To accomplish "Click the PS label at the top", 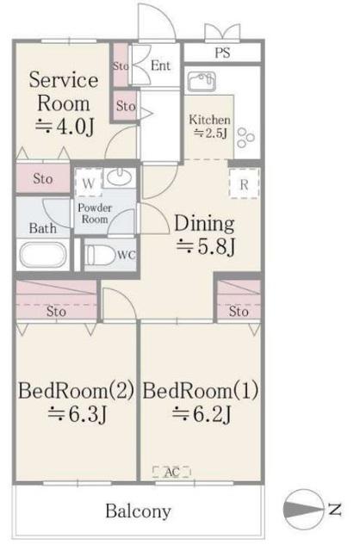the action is (x=222, y=53).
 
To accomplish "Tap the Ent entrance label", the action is (x=161, y=65).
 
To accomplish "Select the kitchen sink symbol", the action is (x=201, y=82).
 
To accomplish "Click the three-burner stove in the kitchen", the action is (x=245, y=138).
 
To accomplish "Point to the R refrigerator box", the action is (x=244, y=183).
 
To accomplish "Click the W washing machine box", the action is (x=88, y=183).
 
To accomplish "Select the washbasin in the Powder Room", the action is (x=119, y=177).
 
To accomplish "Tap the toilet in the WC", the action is (x=101, y=255).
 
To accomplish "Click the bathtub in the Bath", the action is (x=43, y=255).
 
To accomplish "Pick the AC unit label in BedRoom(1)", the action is (x=171, y=472).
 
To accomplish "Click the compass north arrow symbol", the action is (x=303, y=509).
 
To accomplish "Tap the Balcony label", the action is (x=138, y=511).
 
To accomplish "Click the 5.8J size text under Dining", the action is (x=205, y=246).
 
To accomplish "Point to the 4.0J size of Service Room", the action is (x=65, y=127).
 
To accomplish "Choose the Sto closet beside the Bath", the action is (x=43, y=178).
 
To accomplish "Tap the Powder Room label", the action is (x=95, y=214).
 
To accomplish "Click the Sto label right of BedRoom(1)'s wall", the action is (x=239, y=311).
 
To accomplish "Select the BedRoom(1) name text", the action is (x=201, y=391).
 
